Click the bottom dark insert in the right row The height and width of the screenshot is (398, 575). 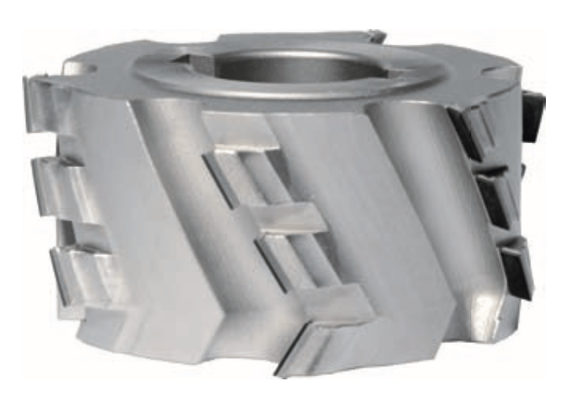tap(515, 268)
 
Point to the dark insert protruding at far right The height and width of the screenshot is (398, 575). tap(532, 116)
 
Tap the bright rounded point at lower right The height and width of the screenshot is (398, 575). tap(485, 302)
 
